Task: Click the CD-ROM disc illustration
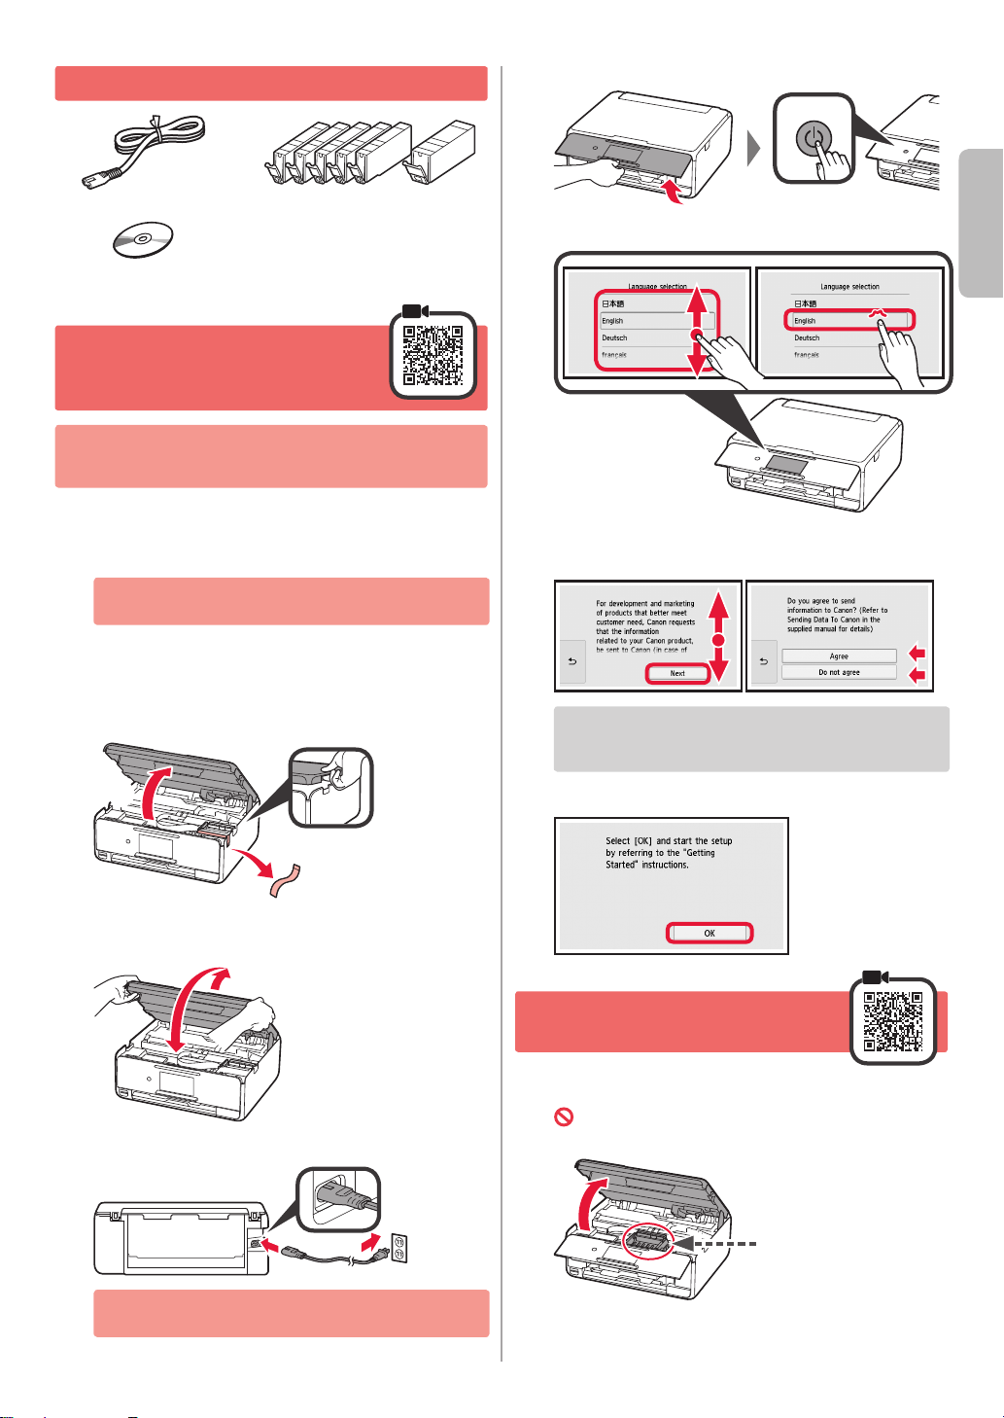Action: pyautogui.click(x=142, y=239)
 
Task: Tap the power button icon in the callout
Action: pyautogui.click(x=814, y=139)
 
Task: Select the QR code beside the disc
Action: pyautogui.click(x=433, y=354)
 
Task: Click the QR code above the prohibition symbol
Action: pyautogui.click(x=892, y=1021)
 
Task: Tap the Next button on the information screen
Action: pyautogui.click(x=677, y=673)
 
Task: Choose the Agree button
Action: pyautogui.click(x=839, y=656)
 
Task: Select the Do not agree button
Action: pyautogui.click(x=839, y=672)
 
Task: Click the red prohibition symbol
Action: pyautogui.click(x=564, y=1117)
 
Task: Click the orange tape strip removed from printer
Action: pyautogui.click(x=285, y=880)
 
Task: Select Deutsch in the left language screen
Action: pyautogui.click(x=615, y=338)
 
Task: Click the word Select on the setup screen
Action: pyautogui.click(x=618, y=841)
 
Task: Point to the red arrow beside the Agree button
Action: pyautogui.click(x=917, y=655)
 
